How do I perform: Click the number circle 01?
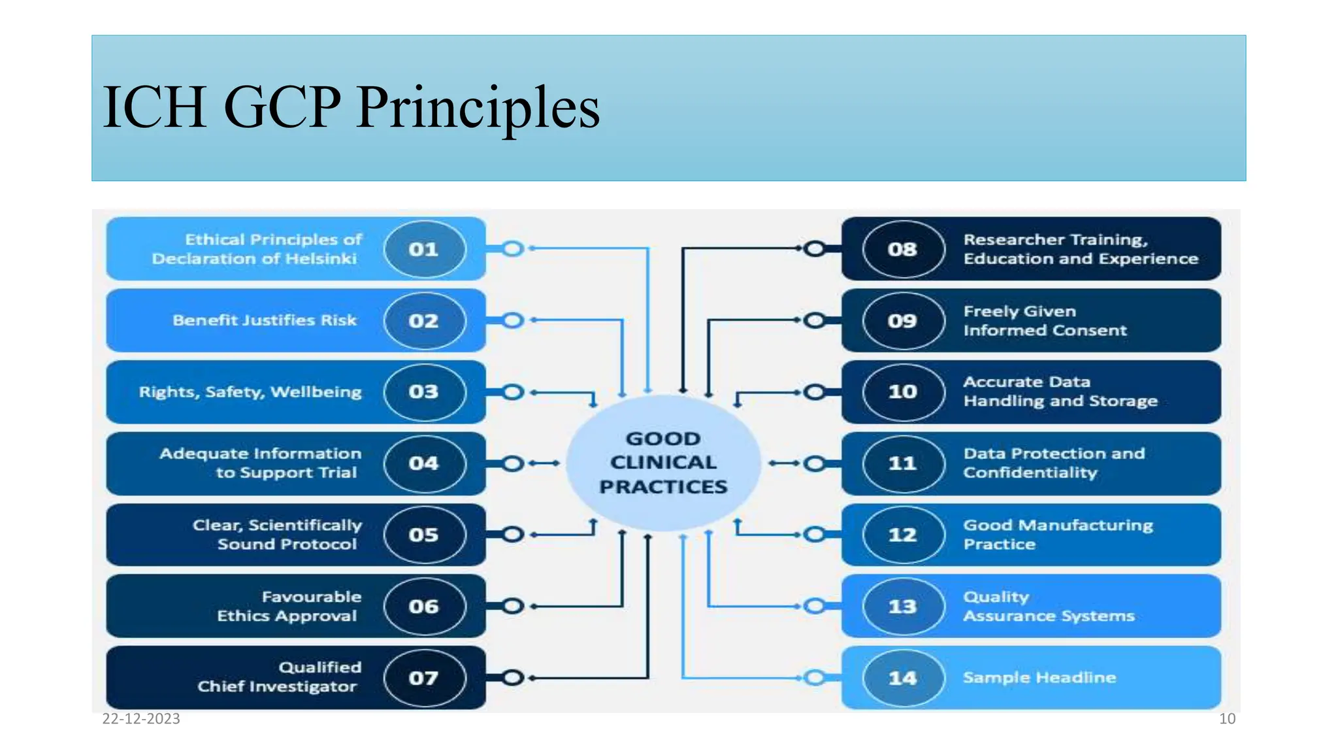[424, 249]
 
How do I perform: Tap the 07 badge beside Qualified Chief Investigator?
[424, 678]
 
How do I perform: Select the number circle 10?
[903, 392]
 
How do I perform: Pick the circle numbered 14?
[903, 678]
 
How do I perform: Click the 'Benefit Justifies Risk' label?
[265, 320]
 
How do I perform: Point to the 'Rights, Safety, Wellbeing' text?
[250, 392]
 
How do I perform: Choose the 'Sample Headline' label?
[1039, 678]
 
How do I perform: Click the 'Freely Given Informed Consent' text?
[1045, 321]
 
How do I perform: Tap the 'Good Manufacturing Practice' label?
[1058, 535]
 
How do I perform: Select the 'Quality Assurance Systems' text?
[1049, 607]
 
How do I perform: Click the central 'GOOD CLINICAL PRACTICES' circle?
[663, 463]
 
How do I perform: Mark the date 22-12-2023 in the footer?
[141, 719]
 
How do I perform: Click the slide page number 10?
[1227, 719]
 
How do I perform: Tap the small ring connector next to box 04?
[513, 463]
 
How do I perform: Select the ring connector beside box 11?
[815, 463]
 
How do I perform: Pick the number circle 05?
[424, 535]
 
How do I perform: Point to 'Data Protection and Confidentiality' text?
[1054, 463]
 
